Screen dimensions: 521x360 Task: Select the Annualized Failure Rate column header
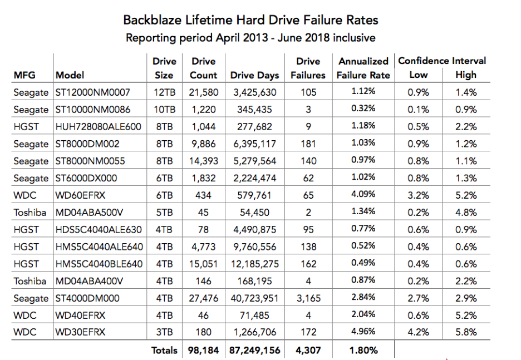(363, 68)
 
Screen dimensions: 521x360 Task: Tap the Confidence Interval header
(442, 61)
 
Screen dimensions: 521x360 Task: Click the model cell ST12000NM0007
(93, 92)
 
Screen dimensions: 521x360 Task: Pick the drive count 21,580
(203, 92)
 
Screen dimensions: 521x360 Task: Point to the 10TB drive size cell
(164, 110)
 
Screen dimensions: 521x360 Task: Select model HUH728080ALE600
(99, 126)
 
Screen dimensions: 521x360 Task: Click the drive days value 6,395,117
(254, 144)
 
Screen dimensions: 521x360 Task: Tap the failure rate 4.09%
(363, 194)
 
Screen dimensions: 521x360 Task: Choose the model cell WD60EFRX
(80, 195)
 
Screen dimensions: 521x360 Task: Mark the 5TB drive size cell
(164, 213)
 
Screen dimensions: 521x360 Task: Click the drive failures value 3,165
(308, 298)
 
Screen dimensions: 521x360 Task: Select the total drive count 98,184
(203, 351)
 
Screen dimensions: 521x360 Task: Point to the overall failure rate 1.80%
(363, 351)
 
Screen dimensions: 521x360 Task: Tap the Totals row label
(164, 351)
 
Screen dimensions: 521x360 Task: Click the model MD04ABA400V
(89, 282)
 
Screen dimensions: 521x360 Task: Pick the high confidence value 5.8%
(466, 332)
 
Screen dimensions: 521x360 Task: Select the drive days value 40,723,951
(254, 298)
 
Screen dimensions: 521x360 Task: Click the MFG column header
(24, 75)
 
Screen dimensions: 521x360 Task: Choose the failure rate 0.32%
(363, 108)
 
